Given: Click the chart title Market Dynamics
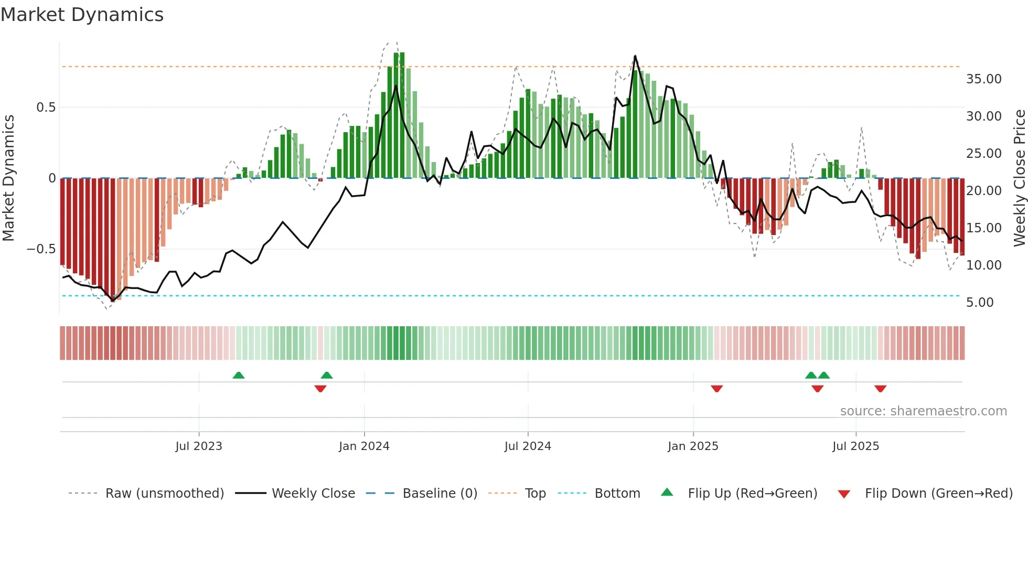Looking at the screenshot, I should point(82,15).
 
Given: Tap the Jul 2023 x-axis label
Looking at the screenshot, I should point(199,446).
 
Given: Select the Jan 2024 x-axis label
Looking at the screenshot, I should point(364,446).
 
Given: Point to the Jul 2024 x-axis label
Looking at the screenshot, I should point(528,446).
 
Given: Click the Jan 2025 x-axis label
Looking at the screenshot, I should point(693,446).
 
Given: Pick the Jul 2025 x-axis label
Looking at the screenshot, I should point(855,446).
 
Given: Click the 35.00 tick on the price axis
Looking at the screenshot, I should point(984,79).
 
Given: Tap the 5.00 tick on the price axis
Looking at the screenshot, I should point(980,303).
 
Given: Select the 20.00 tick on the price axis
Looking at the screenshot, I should point(984,191).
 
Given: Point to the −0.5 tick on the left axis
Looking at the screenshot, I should point(41,249).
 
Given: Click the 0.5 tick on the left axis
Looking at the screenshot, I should point(46,108).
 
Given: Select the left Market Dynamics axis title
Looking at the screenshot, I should point(8,178).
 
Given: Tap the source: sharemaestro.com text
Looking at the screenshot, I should point(923,411).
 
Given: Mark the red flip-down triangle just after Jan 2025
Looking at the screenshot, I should point(717,389).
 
